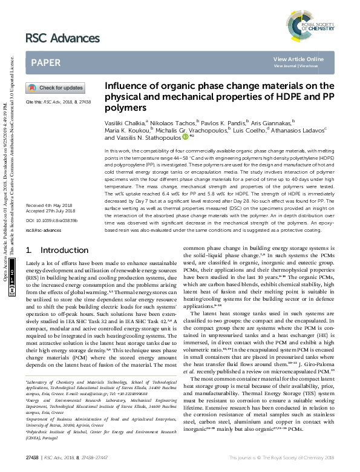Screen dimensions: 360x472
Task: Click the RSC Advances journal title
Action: pyautogui.click(x=62, y=39)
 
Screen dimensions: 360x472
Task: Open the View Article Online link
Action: pyautogui.click(x=298, y=59)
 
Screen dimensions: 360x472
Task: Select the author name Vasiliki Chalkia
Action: pyautogui.click(x=125, y=123)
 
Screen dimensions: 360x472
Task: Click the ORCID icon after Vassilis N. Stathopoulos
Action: pyautogui.click(x=185, y=137)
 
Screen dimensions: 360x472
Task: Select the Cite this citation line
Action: pyautogui.click(x=57, y=102)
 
